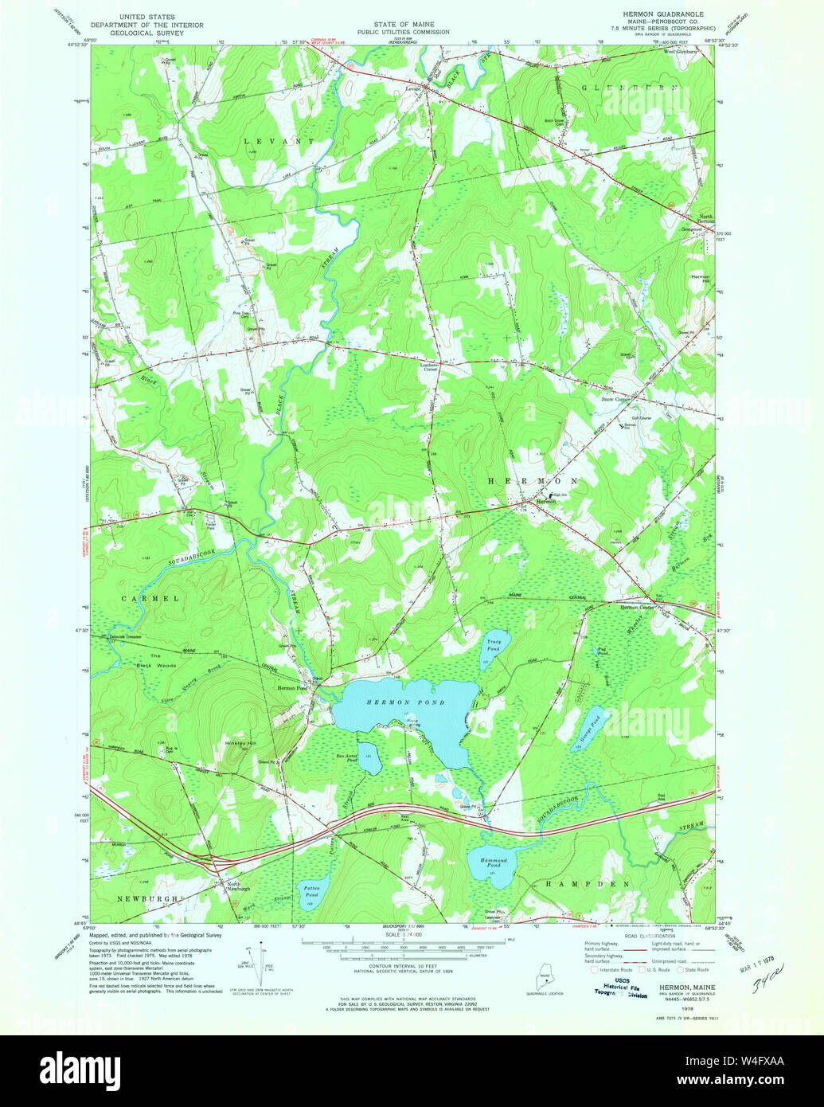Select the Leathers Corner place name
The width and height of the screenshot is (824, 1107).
(x=430, y=366)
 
